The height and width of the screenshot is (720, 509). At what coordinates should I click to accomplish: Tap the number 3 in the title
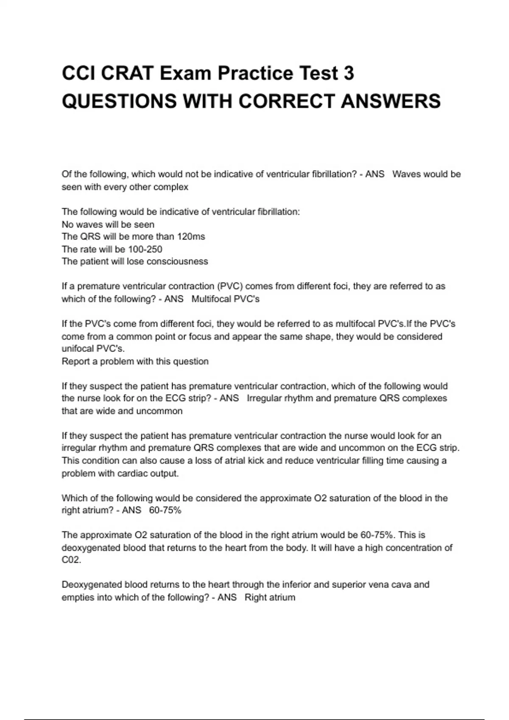tap(348, 73)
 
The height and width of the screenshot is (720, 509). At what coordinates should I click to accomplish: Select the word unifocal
tap(78, 349)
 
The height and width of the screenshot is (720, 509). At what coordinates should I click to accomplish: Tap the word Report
tap(75, 361)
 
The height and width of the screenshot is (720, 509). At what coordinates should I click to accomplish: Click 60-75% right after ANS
tap(165, 510)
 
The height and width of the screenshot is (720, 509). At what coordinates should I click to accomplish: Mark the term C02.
tap(71, 560)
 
